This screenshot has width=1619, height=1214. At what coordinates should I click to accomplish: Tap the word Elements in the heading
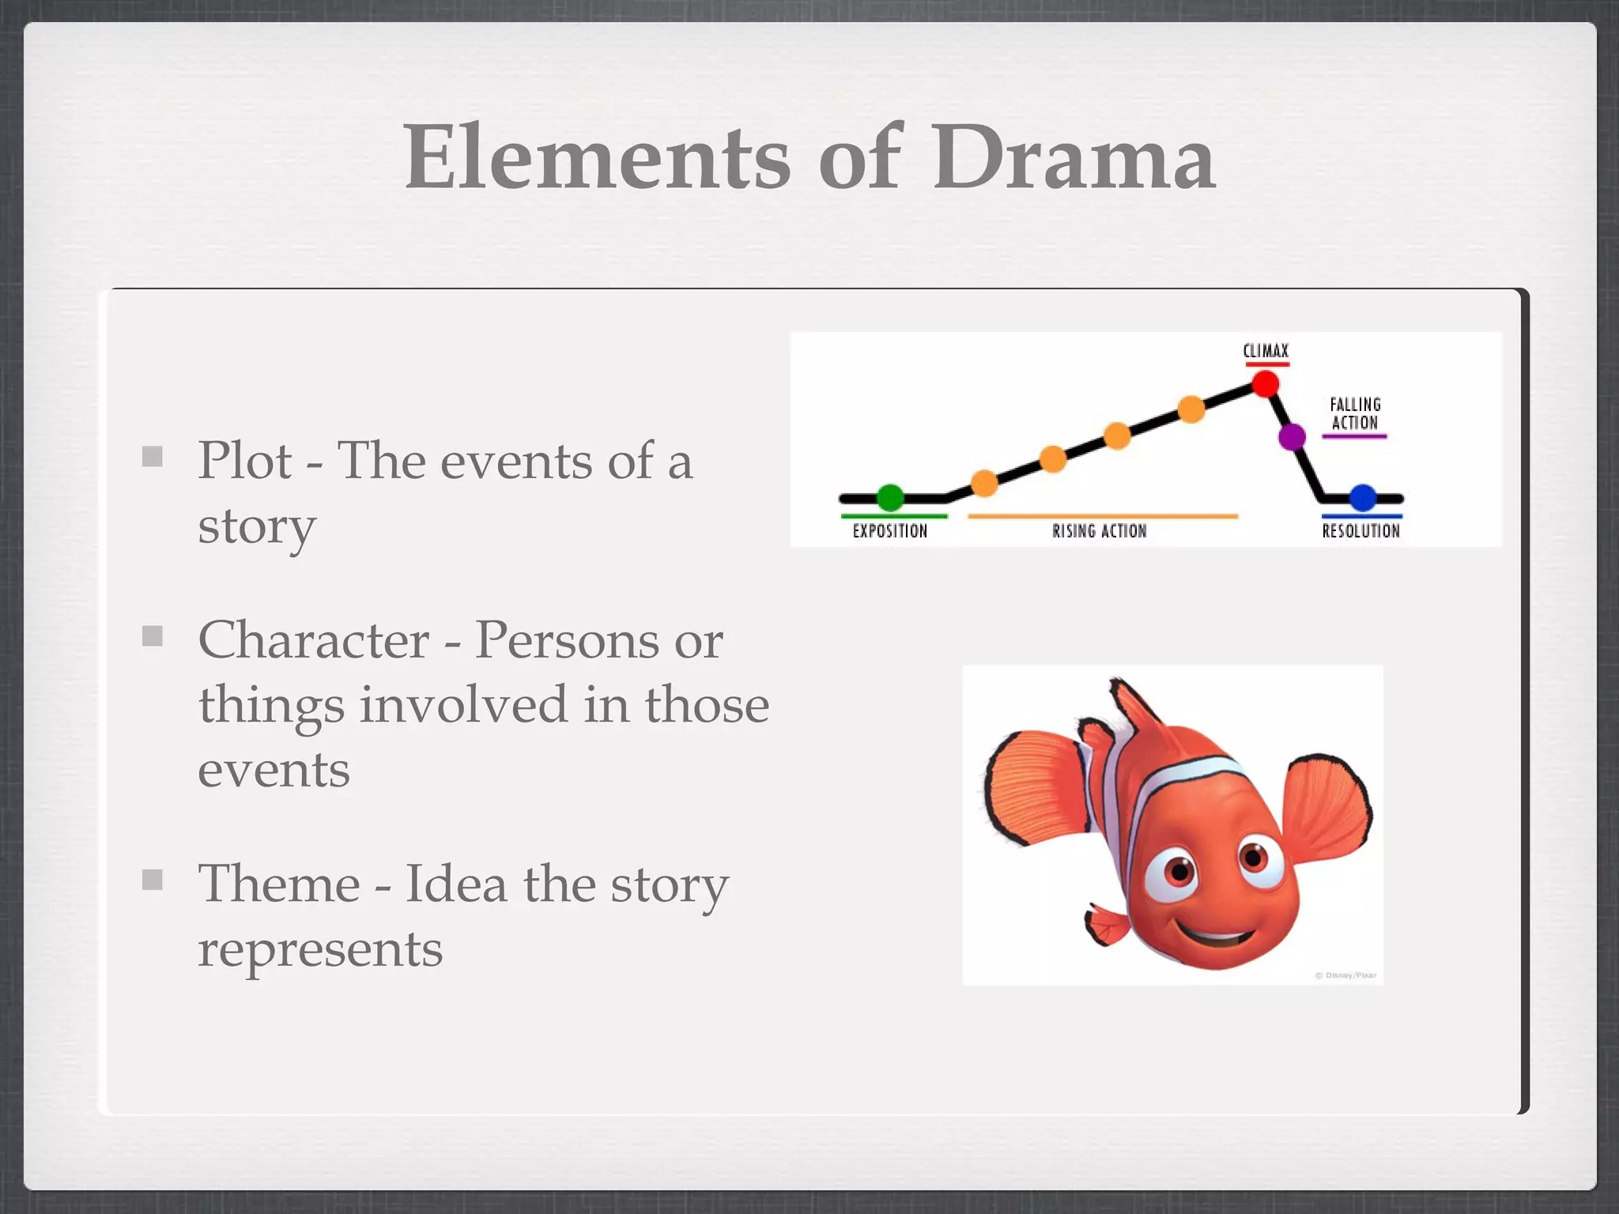click(597, 158)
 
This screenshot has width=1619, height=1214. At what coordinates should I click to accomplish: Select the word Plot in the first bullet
click(244, 461)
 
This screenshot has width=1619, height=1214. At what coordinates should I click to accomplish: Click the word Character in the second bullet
click(313, 640)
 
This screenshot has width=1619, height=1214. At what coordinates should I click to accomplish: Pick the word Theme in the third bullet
click(279, 884)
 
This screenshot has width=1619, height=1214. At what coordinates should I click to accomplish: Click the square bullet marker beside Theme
click(153, 880)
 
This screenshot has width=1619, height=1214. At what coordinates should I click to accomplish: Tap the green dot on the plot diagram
click(890, 498)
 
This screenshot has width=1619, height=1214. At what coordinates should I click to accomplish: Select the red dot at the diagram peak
click(1265, 385)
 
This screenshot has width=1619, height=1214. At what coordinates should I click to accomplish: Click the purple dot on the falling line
click(1292, 436)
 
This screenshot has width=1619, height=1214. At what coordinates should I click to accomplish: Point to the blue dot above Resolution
click(1363, 498)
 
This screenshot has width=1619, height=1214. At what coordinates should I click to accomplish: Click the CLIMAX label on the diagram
click(1266, 351)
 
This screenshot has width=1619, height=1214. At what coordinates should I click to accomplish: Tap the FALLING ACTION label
click(1355, 414)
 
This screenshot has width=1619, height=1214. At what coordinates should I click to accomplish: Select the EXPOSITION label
click(889, 531)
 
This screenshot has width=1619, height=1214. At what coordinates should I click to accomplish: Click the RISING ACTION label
click(1099, 531)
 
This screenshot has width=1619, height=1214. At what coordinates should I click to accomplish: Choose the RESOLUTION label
click(1360, 531)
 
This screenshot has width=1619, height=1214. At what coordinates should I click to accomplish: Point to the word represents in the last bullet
click(319, 950)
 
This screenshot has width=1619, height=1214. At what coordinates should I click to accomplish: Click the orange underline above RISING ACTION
click(1102, 516)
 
